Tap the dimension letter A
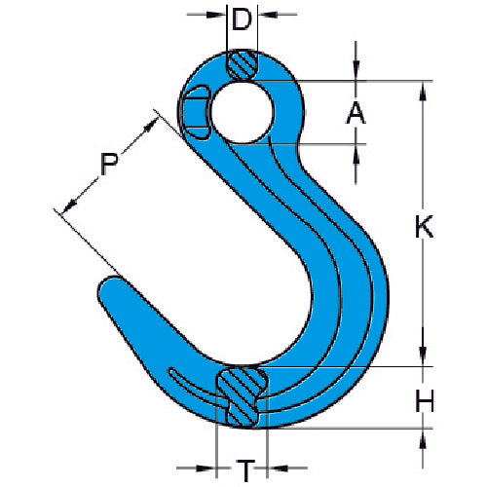356,113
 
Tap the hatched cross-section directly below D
242,65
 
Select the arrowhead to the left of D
218,17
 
